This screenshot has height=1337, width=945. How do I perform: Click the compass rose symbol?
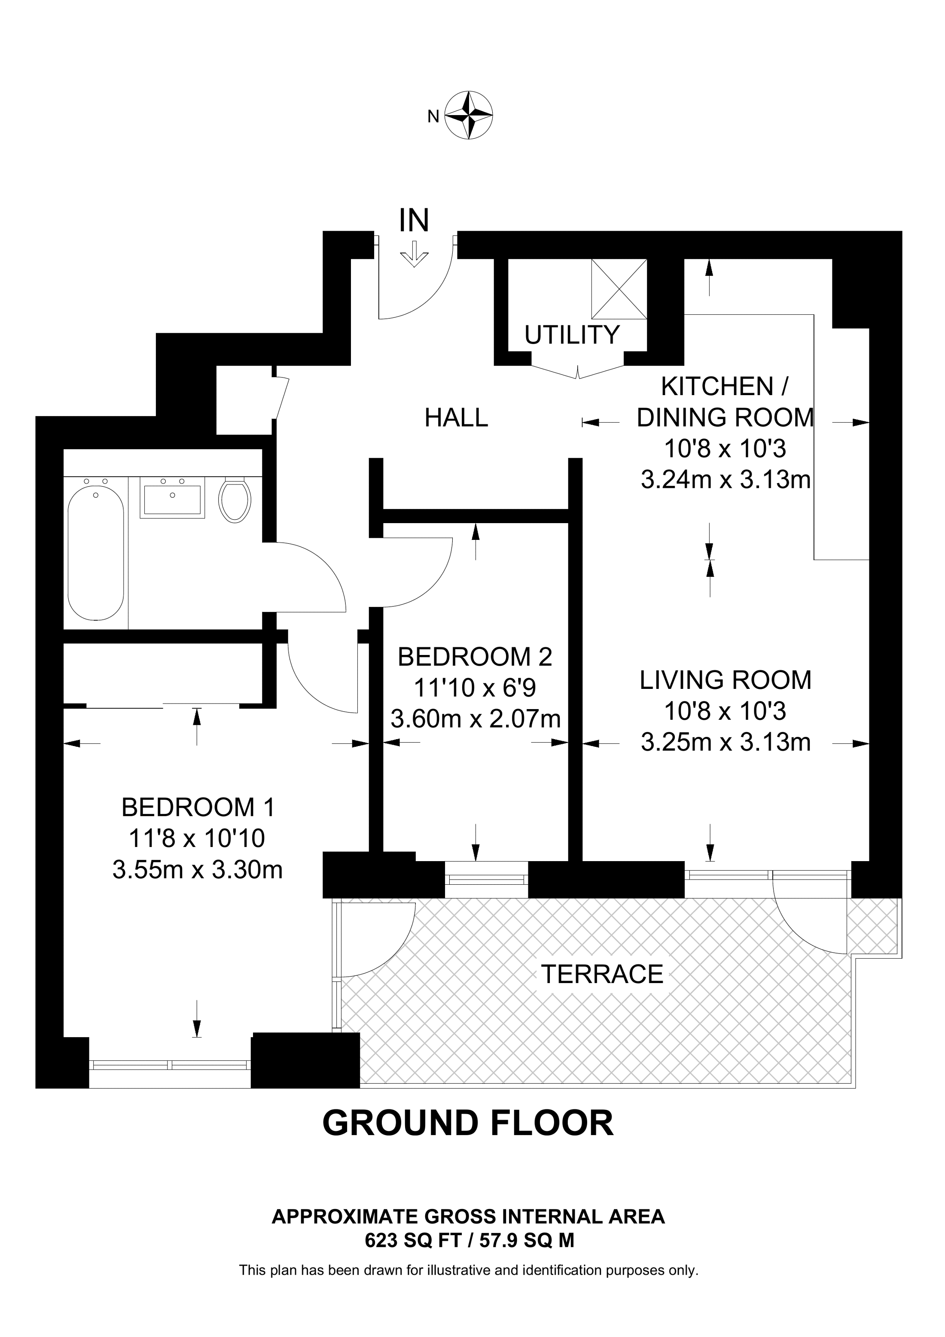click(x=469, y=115)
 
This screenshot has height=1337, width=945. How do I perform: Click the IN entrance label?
click(x=414, y=221)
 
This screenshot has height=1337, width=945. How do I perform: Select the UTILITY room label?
click(x=572, y=335)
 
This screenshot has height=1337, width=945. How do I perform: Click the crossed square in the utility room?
click(x=619, y=289)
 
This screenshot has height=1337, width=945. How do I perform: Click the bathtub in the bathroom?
click(x=96, y=553)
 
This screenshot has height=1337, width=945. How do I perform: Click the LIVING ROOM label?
click(x=726, y=680)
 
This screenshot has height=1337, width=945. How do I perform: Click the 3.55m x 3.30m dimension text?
click(x=198, y=869)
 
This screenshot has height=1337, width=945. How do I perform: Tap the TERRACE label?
click(x=602, y=974)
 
